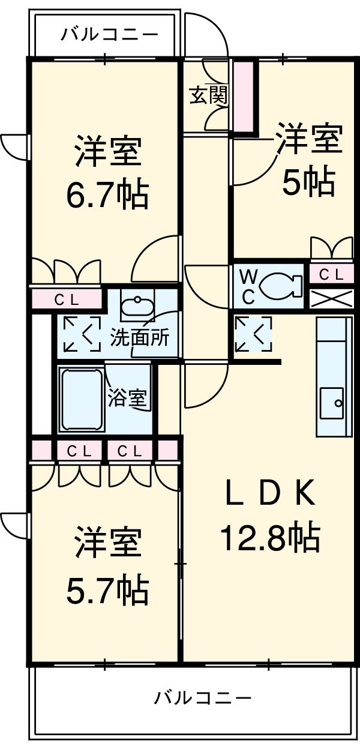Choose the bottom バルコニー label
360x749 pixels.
click(x=203, y=698)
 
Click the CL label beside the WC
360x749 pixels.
click(x=331, y=275)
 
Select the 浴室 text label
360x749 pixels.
click(x=128, y=399)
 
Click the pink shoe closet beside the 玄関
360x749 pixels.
click(x=243, y=95)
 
